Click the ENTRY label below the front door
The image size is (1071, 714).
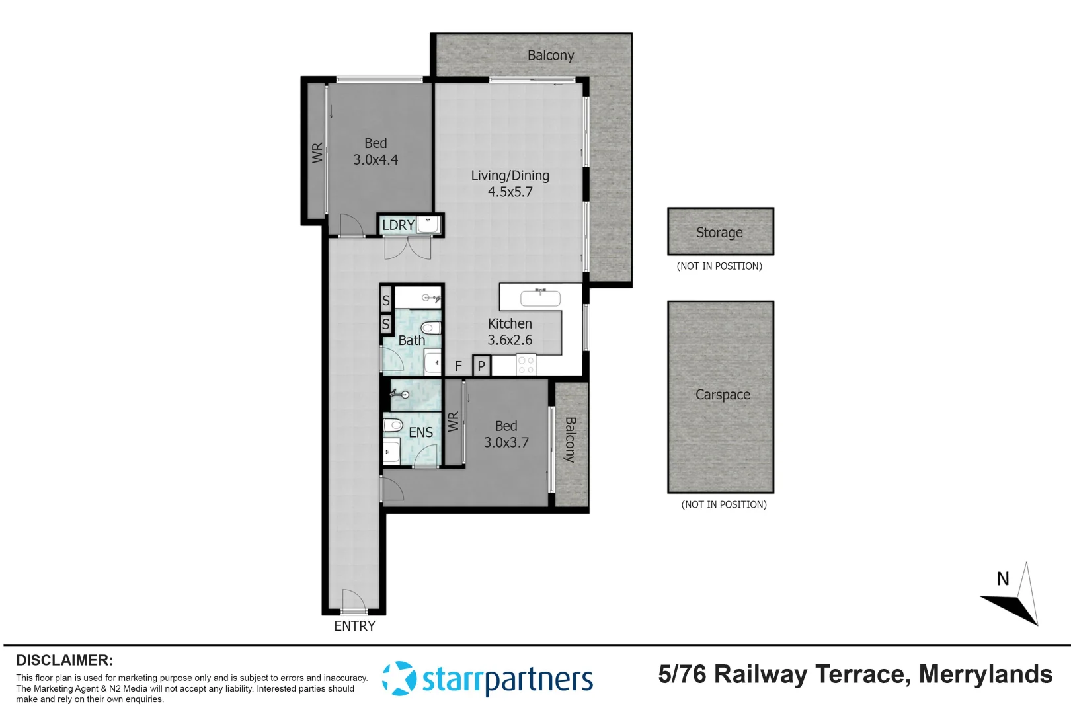[354, 626]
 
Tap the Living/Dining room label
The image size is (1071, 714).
[510, 176]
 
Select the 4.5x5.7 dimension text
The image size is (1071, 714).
[510, 192]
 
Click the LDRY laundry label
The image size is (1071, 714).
[398, 225]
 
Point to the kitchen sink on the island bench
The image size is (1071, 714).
[540, 298]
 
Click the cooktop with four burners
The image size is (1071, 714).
[526, 365]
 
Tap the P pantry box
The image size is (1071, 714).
[481, 366]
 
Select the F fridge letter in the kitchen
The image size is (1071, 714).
[458, 366]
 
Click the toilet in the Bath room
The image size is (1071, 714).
[430, 327]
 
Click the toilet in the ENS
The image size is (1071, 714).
[393, 424]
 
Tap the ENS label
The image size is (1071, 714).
[420, 432]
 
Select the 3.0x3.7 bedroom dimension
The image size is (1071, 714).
[506, 443]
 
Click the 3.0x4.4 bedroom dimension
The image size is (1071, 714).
[376, 160]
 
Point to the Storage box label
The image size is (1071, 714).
[719, 233]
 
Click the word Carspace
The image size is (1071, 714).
[723, 395]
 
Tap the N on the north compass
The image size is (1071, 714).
[1003, 579]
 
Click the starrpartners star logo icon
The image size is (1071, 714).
[399, 678]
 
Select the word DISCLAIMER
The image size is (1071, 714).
[64, 660]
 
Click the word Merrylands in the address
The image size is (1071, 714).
[985, 674]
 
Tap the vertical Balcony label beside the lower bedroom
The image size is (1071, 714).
[571, 439]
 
